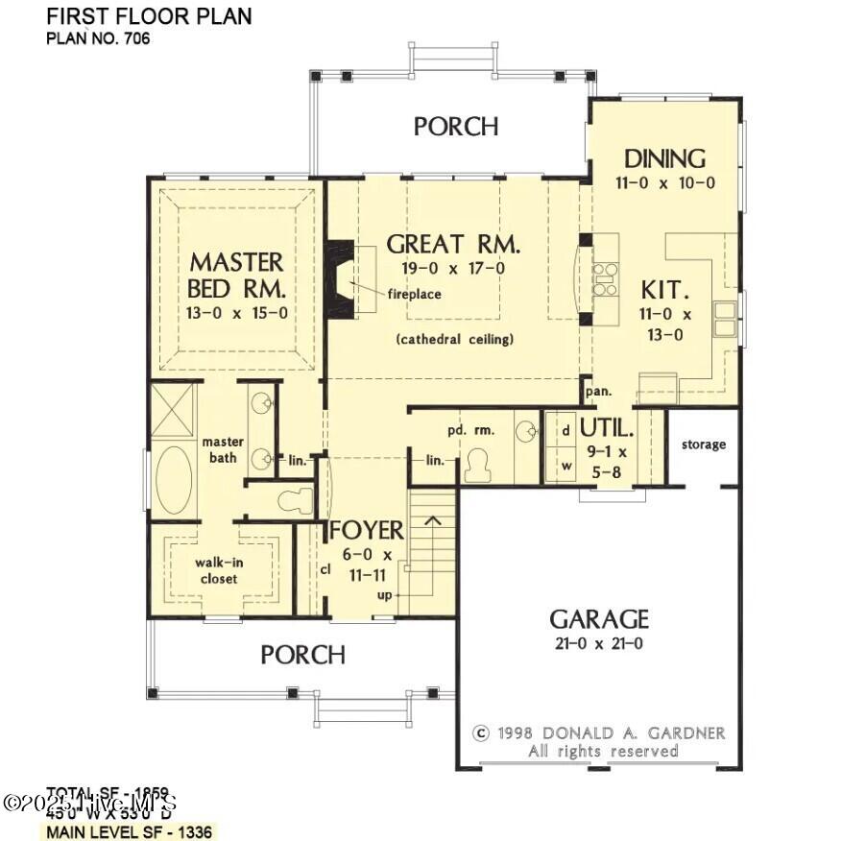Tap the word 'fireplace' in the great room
414,294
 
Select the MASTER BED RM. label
236,275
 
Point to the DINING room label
664,158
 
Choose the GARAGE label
598,619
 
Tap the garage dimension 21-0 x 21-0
598,644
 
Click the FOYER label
367,531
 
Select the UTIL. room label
607,428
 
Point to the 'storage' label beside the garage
704,445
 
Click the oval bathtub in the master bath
174,480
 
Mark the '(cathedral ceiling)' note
454,339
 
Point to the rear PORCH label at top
456,126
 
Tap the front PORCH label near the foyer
302,655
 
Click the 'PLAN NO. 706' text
99,39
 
